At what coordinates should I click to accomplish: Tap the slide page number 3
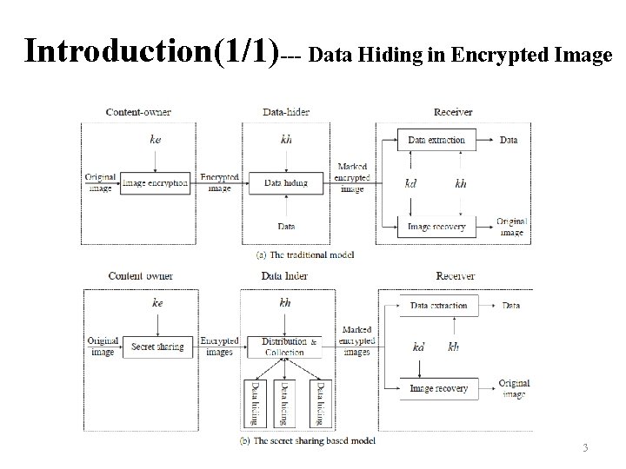pyautogui.click(x=585, y=447)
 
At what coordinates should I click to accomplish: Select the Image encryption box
pyautogui.click(x=155, y=183)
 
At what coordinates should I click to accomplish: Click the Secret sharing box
pyautogui.click(x=157, y=347)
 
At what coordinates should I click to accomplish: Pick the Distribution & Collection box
pyautogui.click(x=284, y=347)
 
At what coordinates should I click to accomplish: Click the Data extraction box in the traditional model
pyautogui.click(x=436, y=139)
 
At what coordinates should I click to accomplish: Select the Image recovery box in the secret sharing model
pyautogui.click(x=438, y=388)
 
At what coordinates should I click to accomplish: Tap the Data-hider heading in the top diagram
pyautogui.click(x=286, y=112)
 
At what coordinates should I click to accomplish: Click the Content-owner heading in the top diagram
pyautogui.click(x=138, y=112)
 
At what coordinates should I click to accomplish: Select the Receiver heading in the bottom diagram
pyautogui.click(x=455, y=276)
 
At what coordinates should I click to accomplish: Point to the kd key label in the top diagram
pyautogui.click(x=411, y=183)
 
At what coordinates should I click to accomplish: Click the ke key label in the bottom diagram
pyautogui.click(x=157, y=303)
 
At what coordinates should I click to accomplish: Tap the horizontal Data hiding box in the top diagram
pyautogui.click(x=286, y=183)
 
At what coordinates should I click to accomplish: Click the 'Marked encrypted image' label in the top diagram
pyautogui.click(x=353, y=177)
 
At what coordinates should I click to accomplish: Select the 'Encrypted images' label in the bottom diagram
pyautogui.click(x=218, y=347)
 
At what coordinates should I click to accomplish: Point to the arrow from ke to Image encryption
pyautogui.click(x=156, y=160)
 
